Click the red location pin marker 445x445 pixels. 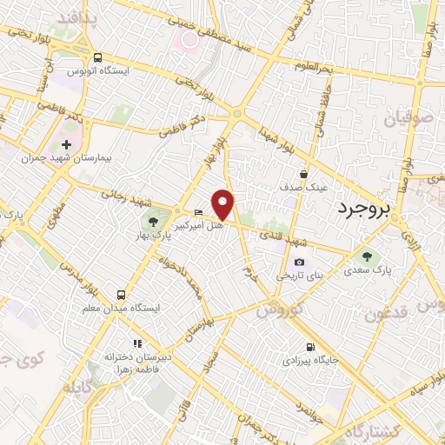click(x=223, y=204)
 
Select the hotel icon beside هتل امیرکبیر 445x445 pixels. click(x=198, y=212)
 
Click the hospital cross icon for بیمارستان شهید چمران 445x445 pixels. click(x=67, y=143)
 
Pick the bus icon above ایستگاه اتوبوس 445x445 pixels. click(x=98, y=56)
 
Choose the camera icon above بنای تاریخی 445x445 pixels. click(x=300, y=262)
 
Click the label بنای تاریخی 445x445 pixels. click(x=300, y=276)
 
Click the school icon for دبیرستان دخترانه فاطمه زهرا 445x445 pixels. click(x=136, y=343)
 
